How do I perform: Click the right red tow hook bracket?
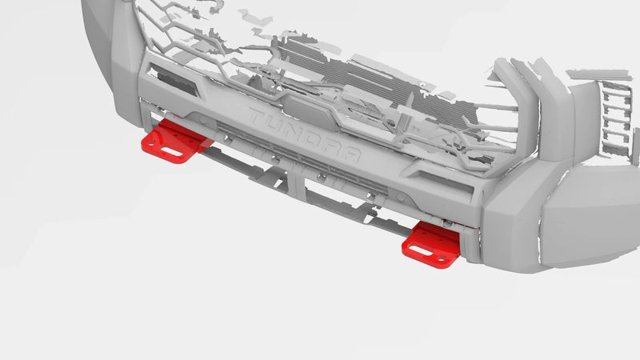pos(432,242)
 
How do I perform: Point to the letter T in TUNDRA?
pos(256,116)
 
